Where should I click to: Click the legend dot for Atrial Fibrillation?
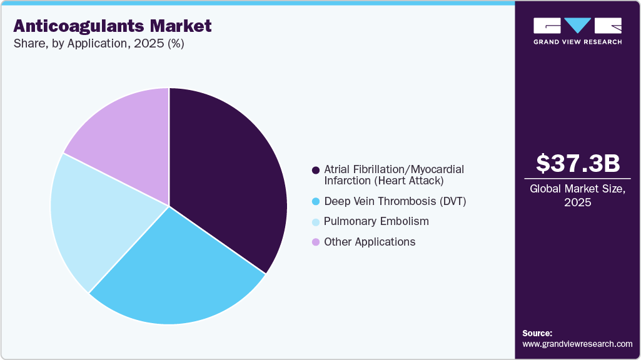316,170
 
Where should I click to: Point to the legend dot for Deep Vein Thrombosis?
316,201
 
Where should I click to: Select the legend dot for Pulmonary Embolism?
316,222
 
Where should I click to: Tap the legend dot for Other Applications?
316,242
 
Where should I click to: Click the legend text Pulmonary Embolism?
376,222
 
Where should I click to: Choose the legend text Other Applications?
370,242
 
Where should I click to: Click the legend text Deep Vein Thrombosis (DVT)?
395,201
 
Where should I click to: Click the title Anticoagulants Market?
113,26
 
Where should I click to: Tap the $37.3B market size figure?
578,163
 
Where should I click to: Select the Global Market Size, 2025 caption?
578,195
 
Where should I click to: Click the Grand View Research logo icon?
577,26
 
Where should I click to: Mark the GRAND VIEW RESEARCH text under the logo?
577,42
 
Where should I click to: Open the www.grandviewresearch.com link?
577,344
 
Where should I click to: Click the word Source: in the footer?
537,333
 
